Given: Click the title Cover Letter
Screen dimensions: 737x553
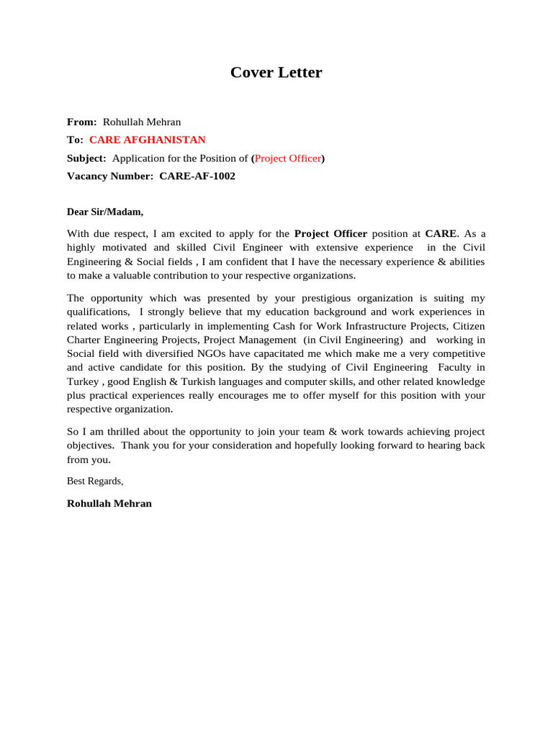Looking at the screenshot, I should tap(276, 73).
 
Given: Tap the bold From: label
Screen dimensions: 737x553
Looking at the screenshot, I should tap(81, 122).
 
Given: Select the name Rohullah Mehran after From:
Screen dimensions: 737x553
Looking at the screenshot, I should tap(142, 122).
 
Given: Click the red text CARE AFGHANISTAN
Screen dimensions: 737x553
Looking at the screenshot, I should tap(147, 140).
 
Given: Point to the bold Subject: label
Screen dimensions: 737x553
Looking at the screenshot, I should tap(86, 158).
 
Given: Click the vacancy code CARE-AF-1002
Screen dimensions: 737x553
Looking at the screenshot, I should tap(197, 176).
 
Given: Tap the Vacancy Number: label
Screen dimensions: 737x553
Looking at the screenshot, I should tap(110, 176).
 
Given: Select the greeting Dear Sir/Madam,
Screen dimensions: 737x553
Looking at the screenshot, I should tap(105, 212).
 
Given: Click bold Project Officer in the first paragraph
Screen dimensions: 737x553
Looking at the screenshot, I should tap(331, 234).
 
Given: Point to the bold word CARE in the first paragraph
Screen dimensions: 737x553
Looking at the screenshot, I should tap(441, 234).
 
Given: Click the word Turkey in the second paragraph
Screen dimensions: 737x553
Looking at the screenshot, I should tap(82, 381).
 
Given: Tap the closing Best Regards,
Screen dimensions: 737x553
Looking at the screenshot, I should tap(95, 481).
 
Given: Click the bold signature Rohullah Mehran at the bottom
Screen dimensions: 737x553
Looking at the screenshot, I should tap(109, 504).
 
